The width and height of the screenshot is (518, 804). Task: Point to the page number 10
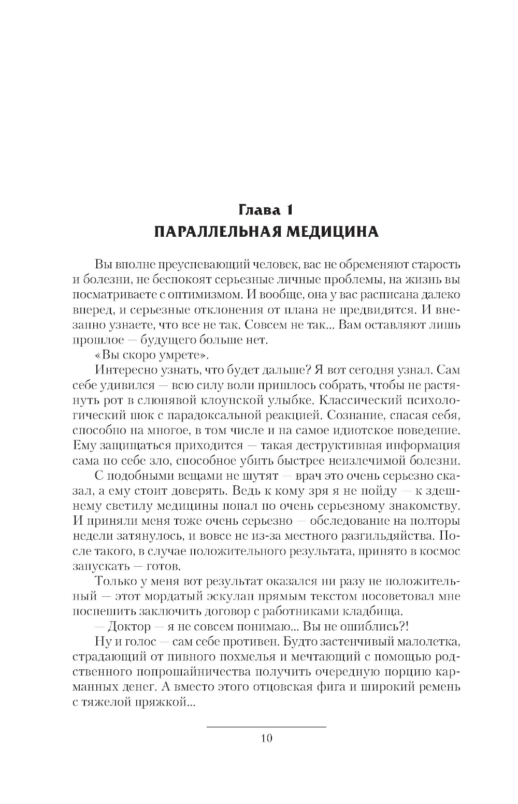(266, 738)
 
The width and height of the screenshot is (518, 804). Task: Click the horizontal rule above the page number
(266, 727)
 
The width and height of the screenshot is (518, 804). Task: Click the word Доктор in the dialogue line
(128, 626)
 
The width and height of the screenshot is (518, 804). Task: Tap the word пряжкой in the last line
(161, 702)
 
